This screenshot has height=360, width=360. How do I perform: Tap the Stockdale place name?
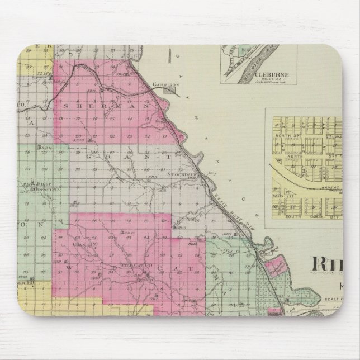[179, 174]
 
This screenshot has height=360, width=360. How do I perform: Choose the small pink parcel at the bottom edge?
[273, 314]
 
